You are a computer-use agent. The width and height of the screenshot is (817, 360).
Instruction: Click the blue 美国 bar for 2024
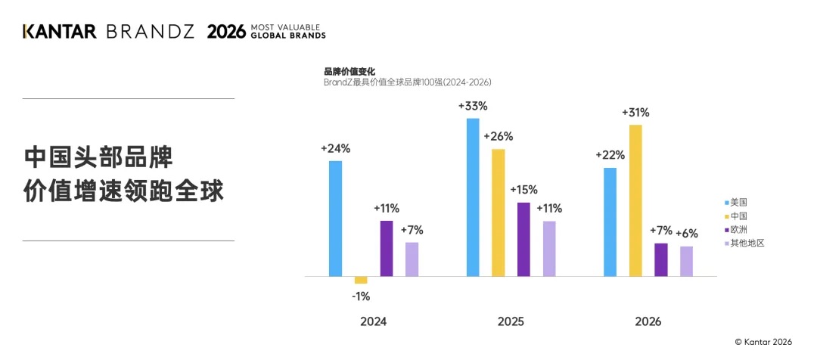336,219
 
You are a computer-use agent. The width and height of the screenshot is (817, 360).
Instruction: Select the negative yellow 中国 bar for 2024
361,280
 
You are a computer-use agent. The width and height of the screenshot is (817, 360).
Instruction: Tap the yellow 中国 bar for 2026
635,200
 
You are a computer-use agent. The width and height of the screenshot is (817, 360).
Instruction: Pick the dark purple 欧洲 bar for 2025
523,239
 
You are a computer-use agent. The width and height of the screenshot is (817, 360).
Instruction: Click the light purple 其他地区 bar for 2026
687,261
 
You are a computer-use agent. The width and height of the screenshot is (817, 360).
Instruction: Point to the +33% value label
473,107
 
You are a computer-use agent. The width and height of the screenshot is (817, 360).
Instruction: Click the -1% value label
361,297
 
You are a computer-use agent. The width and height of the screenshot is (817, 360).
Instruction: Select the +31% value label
635,113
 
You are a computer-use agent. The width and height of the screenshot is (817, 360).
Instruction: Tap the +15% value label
523,190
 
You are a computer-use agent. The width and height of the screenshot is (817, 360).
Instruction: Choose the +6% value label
687,234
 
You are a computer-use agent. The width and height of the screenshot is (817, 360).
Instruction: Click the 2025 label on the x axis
511,322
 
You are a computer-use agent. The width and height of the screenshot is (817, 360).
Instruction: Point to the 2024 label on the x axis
374,322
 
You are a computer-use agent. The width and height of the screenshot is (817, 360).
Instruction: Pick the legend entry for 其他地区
744,243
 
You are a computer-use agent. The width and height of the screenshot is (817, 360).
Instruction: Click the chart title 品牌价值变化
349,72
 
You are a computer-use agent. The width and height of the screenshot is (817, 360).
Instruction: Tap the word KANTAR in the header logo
60,31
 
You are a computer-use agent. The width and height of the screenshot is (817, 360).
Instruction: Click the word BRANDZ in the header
150,31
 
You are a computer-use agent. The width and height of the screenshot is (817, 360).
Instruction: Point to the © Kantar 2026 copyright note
763,342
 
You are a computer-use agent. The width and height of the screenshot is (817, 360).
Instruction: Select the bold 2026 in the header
226,31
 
